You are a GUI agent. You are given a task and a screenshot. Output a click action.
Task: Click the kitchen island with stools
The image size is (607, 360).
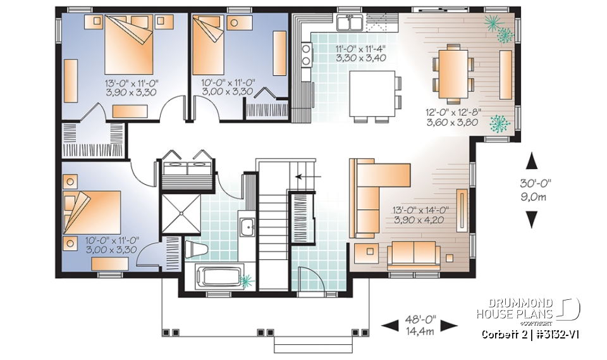373,94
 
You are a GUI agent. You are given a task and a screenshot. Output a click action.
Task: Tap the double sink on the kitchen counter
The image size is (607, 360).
349,24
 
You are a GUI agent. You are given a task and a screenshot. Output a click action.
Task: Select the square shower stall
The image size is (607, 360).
180,214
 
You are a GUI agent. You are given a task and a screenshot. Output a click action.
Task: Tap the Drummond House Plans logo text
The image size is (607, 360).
515,309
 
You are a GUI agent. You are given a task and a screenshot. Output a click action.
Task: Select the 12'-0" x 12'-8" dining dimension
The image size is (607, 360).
453,118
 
